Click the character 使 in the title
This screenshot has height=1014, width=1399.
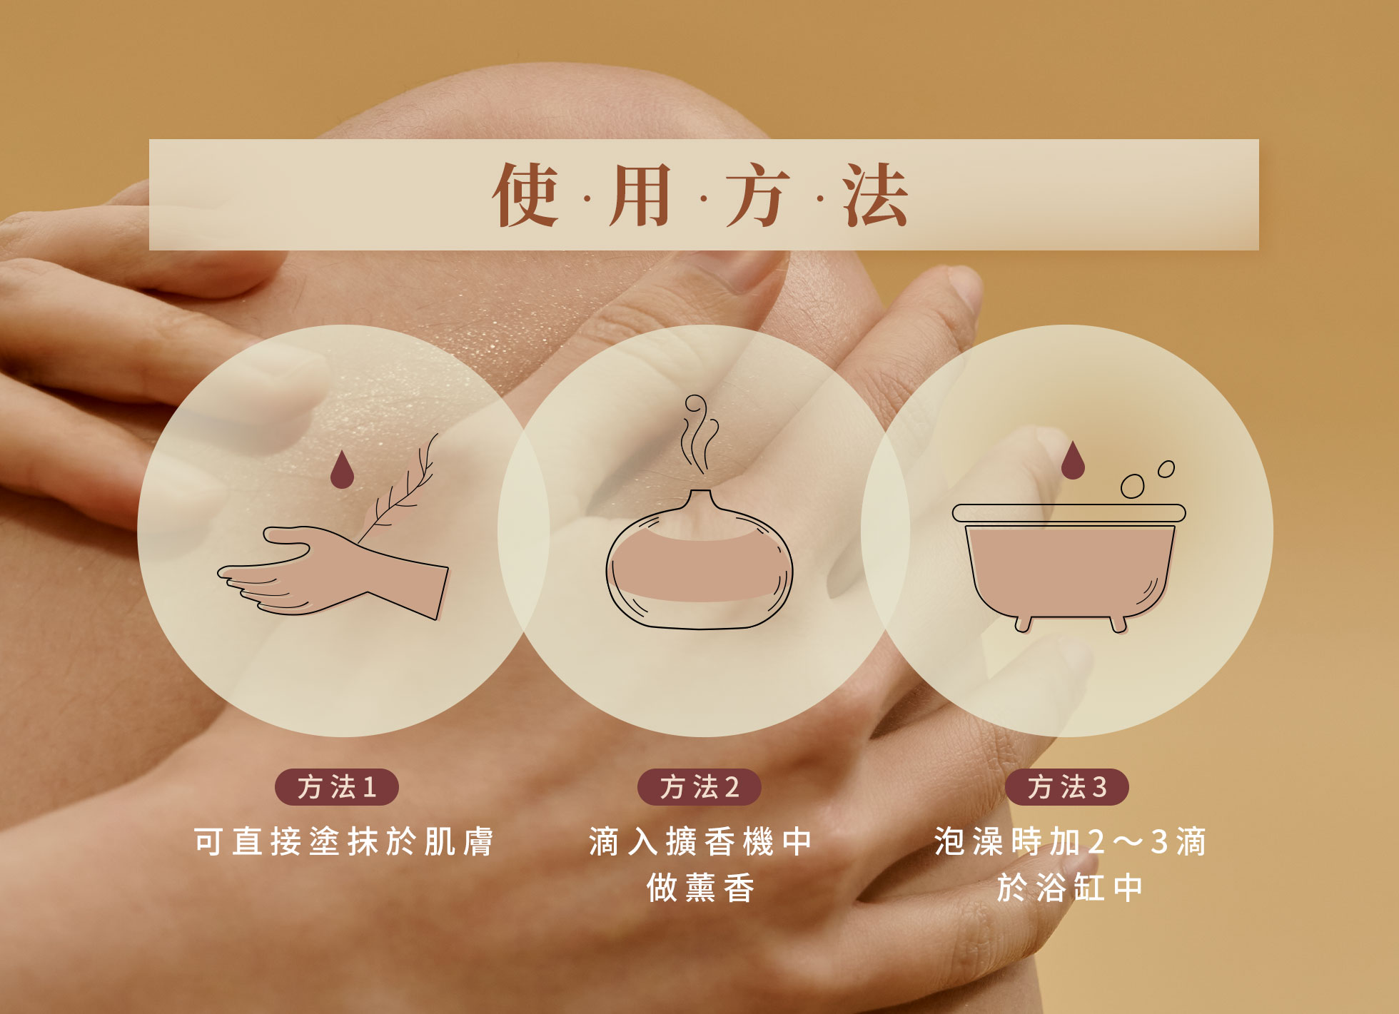(x=525, y=194)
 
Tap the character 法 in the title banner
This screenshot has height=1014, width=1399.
(x=875, y=194)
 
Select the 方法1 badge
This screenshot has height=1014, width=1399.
(x=337, y=787)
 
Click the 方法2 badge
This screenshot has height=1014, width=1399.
(x=699, y=787)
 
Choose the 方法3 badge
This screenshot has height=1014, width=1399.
(x=1067, y=787)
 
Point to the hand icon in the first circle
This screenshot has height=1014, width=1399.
(x=333, y=572)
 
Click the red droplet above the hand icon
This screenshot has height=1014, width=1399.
(x=342, y=469)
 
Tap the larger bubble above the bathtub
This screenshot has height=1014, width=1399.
(x=1132, y=487)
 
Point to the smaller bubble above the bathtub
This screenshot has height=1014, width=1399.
(x=1166, y=469)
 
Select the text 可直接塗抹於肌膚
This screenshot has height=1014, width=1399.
(x=344, y=842)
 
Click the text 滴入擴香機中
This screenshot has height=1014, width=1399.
(x=699, y=842)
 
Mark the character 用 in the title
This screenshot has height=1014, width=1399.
(x=640, y=194)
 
